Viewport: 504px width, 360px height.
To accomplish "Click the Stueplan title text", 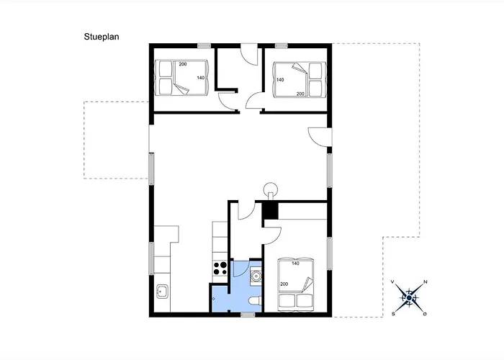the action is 102,37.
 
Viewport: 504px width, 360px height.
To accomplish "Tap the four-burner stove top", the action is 220,269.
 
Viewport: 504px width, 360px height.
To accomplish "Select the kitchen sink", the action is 162,292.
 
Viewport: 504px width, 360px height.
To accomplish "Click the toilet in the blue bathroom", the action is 255,300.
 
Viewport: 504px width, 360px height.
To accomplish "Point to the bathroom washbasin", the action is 256,276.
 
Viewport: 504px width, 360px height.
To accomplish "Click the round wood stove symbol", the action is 270,189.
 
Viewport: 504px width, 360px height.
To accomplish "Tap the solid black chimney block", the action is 270,211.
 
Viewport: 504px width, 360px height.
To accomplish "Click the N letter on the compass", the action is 426,282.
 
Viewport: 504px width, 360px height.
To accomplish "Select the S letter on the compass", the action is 393,314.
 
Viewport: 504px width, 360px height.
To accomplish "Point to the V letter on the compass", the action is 392,282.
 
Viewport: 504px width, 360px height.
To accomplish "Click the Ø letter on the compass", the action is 426,314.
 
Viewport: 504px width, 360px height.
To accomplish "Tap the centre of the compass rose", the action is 409,298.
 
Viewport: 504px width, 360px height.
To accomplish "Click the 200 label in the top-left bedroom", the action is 183,64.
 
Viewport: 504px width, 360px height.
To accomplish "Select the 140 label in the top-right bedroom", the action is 280,80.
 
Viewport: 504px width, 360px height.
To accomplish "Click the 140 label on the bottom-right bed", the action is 296,264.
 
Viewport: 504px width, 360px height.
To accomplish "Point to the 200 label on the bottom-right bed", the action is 284,284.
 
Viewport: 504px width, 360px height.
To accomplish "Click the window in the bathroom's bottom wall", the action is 248,315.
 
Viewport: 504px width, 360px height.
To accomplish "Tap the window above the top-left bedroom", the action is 204,45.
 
